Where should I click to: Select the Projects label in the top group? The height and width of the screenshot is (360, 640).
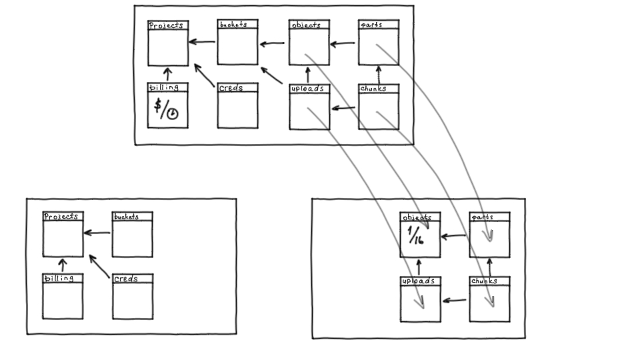(165, 25)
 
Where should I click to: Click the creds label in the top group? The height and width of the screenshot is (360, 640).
(230, 87)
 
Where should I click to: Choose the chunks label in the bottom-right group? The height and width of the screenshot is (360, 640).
(484, 281)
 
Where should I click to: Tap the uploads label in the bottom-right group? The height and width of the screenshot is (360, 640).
(418, 281)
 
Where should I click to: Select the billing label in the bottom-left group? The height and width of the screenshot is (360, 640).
(59, 278)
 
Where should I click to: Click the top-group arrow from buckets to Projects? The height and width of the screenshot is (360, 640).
(202, 43)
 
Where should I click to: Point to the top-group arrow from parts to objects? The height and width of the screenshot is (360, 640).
(343, 45)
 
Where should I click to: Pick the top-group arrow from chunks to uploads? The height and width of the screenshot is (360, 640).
(344, 107)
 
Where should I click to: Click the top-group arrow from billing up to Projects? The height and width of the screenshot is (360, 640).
(168, 73)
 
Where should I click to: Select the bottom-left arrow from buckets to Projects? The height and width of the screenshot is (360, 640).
(97, 233)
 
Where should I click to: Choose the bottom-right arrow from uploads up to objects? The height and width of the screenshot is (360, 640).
(419, 267)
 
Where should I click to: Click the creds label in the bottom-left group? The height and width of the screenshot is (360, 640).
(125, 279)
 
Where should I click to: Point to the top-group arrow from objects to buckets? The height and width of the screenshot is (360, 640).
(272, 45)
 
